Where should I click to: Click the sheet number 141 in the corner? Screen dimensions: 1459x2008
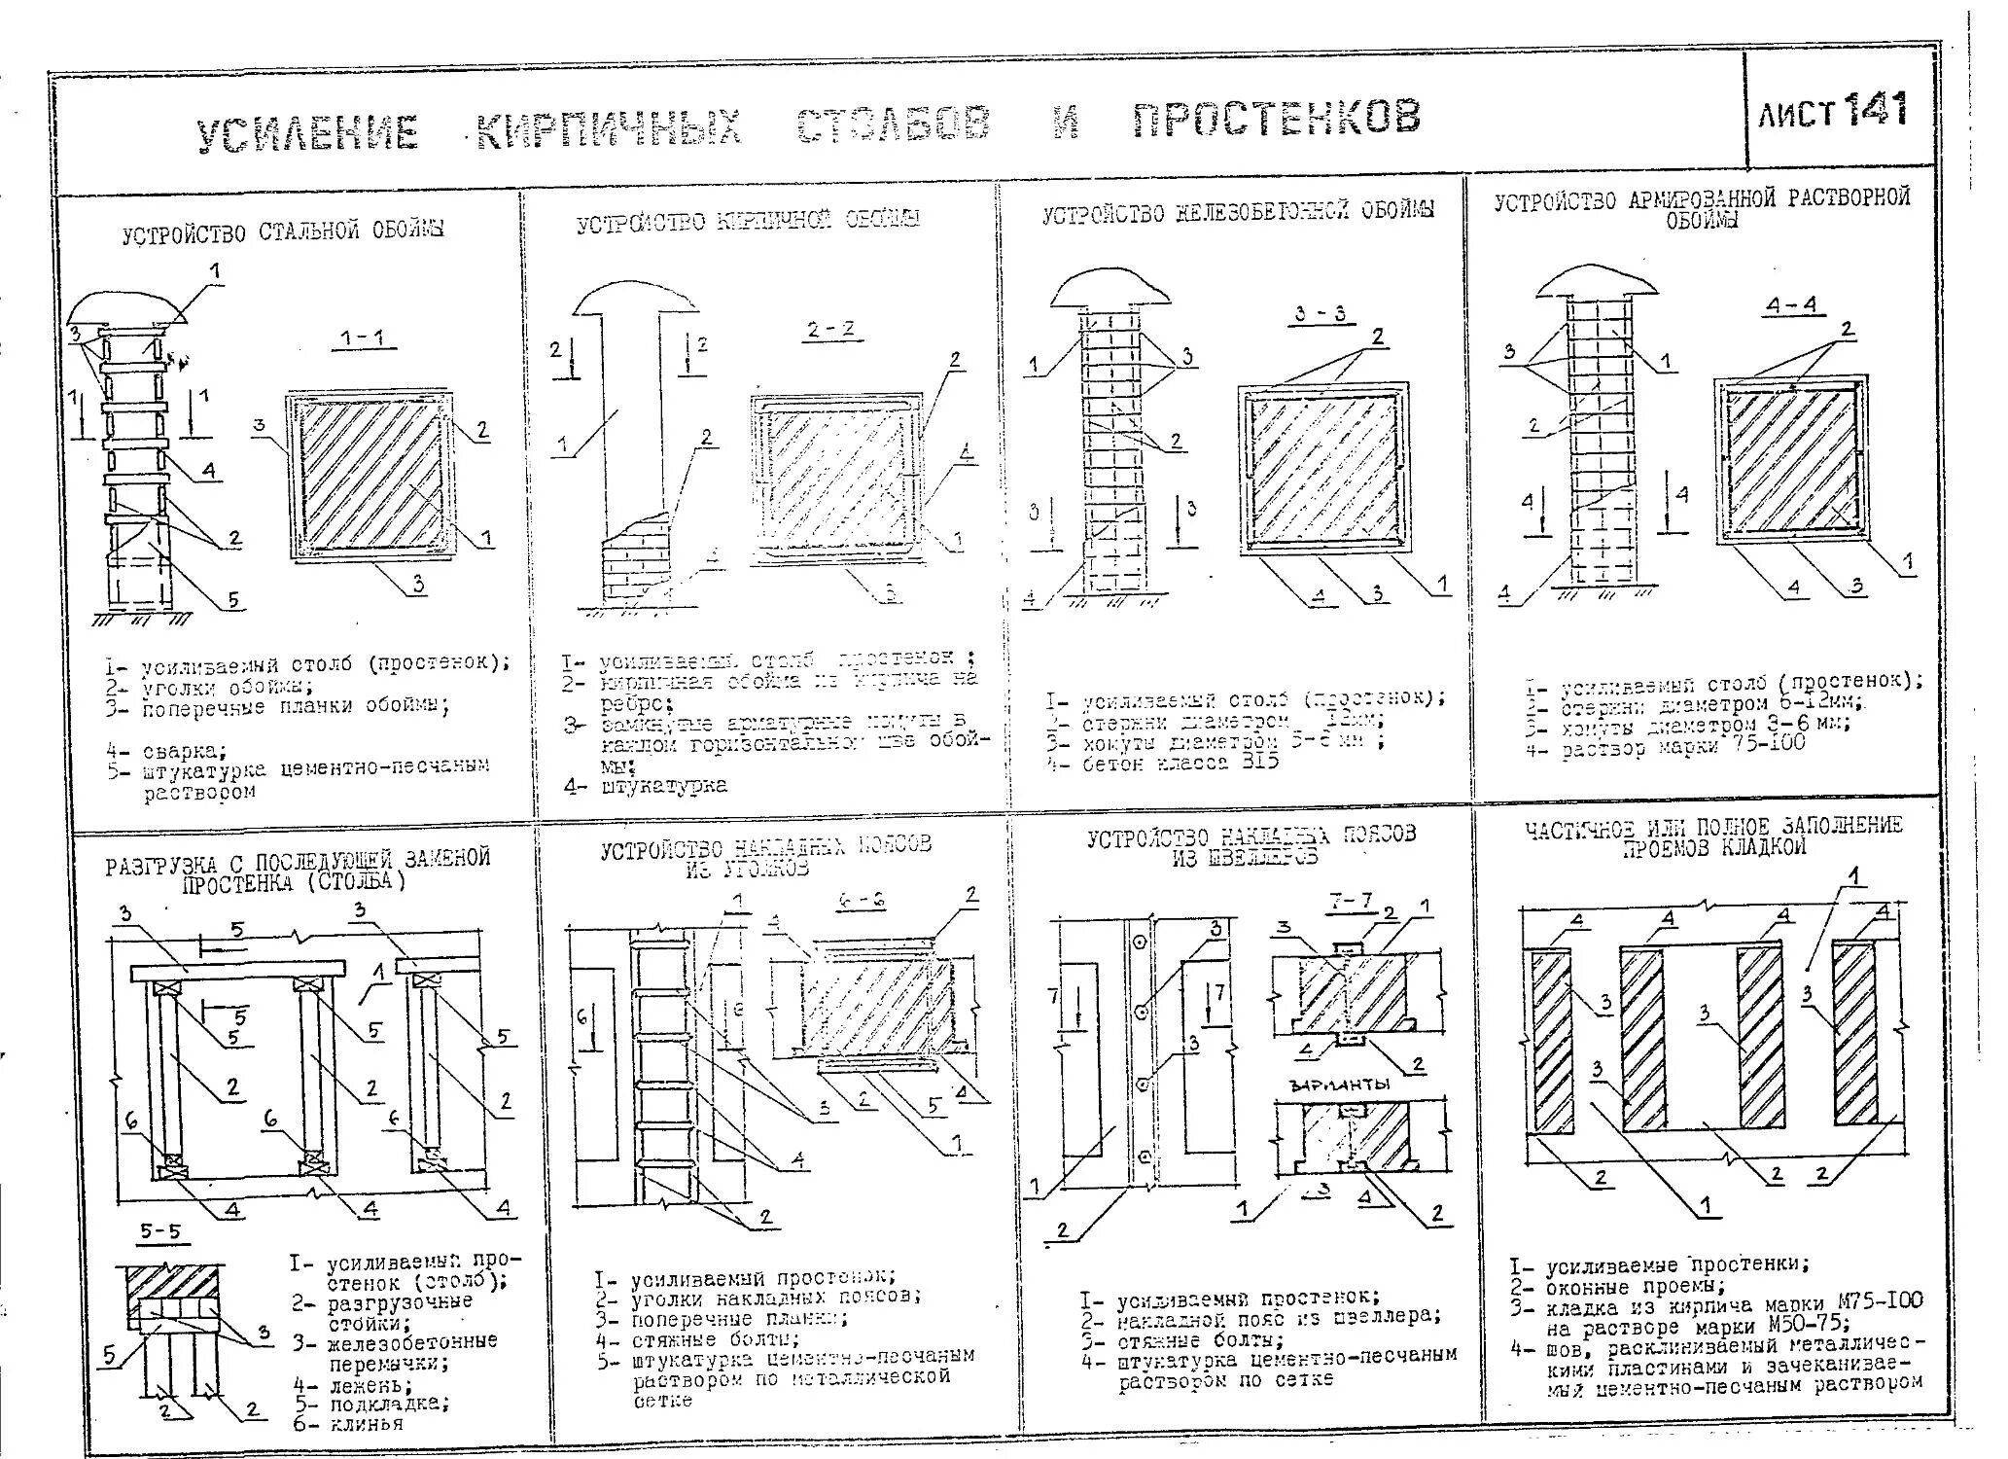[x=1875, y=110]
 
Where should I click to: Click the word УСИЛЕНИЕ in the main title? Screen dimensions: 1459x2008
[x=308, y=133]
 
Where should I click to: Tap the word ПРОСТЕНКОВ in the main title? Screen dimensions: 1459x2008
[x=1276, y=119]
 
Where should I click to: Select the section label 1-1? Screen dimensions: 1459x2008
[x=363, y=339]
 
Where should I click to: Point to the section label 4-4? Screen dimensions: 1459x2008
[x=1791, y=305]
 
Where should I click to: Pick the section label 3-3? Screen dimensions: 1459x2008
[x=1320, y=314]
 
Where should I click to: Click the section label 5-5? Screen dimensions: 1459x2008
[x=159, y=1232]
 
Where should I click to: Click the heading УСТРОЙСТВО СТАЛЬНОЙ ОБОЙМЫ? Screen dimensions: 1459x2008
[x=283, y=232]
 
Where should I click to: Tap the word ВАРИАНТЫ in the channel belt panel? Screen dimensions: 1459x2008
[x=1338, y=1085]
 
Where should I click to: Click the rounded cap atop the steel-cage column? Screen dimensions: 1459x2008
[x=125, y=309]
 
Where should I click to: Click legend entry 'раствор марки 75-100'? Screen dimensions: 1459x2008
[x=1682, y=747]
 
